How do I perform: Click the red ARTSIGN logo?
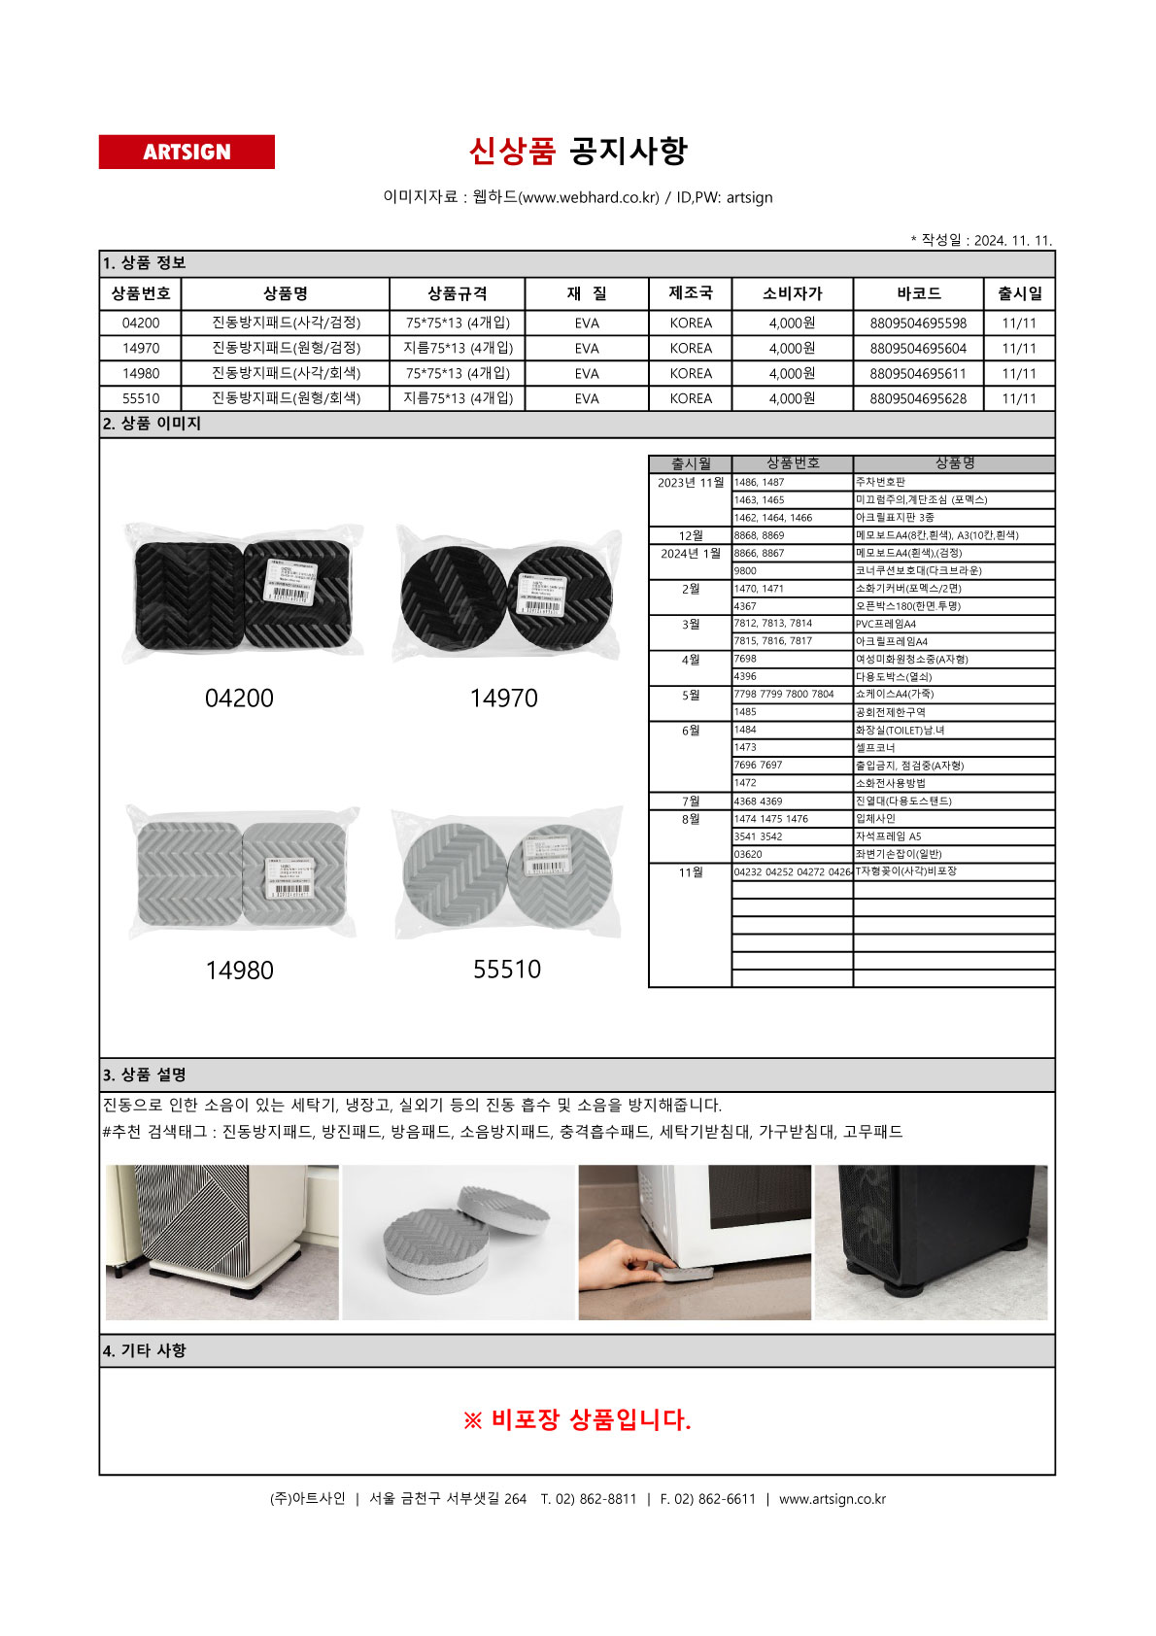coord(187,153)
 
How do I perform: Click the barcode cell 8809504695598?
coord(918,324)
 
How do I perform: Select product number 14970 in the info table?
coord(141,349)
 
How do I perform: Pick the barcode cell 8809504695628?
coord(918,399)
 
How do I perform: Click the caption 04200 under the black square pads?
coord(239,699)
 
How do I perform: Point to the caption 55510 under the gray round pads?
coord(507,970)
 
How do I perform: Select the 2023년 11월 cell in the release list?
coord(690,483)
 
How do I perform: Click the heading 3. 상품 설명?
coord(145,1075)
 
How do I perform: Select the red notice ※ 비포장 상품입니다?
coord(577,1420)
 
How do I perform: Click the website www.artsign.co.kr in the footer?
coord(832,1499)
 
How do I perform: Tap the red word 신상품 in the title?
coord(512,151)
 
